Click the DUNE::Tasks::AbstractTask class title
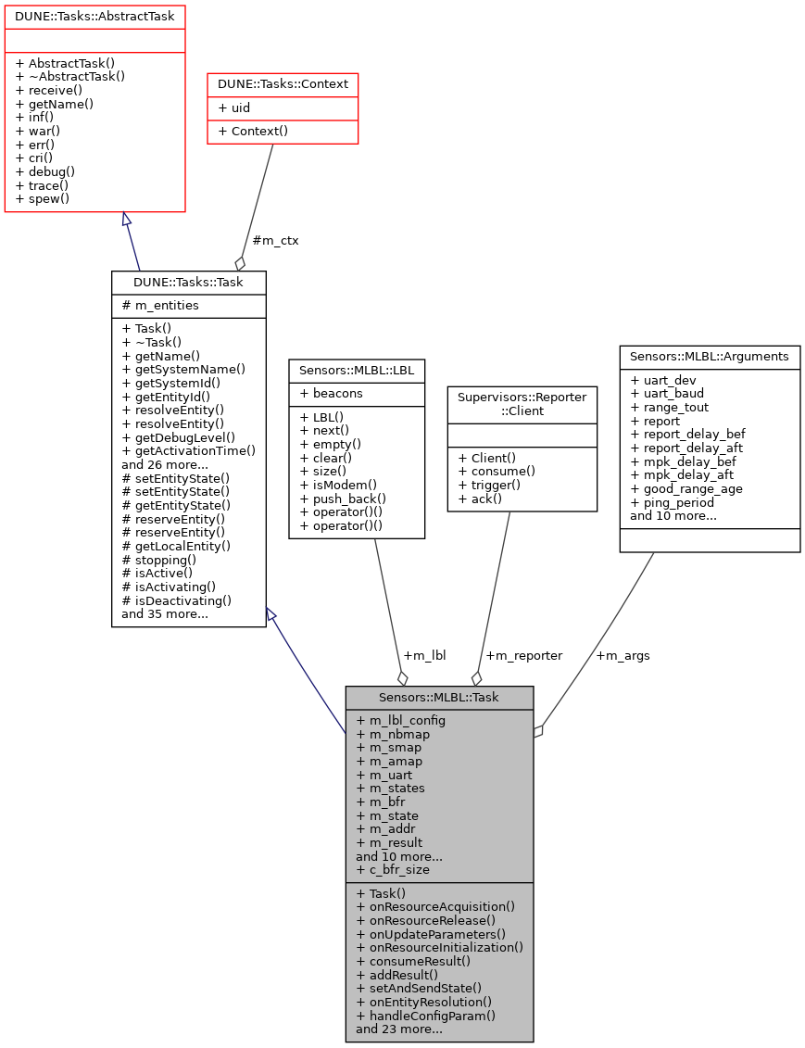[95, 17]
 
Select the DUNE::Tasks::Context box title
[283, 84]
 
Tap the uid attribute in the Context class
[233, 107]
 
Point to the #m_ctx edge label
[275, 240]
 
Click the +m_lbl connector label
[424, 655]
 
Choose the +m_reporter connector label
[523, 655]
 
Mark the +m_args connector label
[623, 655]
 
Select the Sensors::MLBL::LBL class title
[357, 370]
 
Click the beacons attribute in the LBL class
[337, 393]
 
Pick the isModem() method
[338, 484]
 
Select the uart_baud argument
[666, 393]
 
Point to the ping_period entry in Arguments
[672, 502]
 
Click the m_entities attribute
[159, 306]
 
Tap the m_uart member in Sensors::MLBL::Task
[390, 775]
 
